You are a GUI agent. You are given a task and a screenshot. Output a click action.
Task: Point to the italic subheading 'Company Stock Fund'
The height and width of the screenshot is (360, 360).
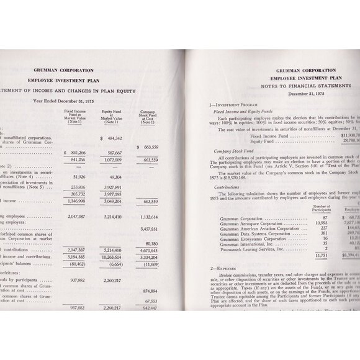232,150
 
